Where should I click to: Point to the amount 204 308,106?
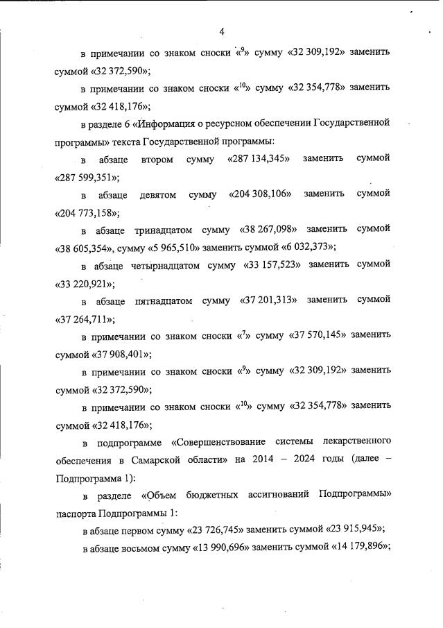coord(260,194)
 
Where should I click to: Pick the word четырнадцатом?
coord(165,264)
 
